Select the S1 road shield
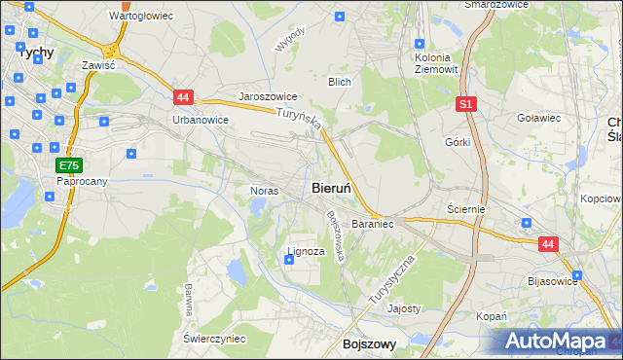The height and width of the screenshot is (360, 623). [x=466, y=102]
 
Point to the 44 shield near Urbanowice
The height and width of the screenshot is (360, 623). [x=183, y=96]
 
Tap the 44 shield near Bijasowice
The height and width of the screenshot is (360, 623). [x=549, y=245]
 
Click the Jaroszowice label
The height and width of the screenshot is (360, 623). [x=268, y=97]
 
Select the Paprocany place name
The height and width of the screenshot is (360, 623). [x=81, y=181]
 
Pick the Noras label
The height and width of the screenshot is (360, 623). [x=265, y=191]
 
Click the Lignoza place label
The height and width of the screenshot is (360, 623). [x=305, y=251]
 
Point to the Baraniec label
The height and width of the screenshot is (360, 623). [x=372, y=224]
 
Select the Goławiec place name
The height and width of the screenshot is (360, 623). [x=538, y=118]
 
